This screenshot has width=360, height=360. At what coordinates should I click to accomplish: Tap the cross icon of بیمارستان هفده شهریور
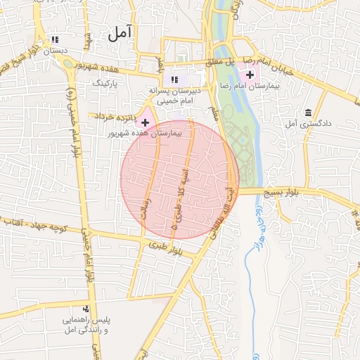tap(145, 122)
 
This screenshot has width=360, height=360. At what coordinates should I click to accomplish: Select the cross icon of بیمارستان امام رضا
tap(250, 75)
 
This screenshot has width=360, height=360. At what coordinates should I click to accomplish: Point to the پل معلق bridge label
tap(220, 60)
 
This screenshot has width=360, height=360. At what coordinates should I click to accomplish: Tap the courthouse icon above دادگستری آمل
tap(308, 112)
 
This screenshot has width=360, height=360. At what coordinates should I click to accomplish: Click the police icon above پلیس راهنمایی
tap(86, 308)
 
